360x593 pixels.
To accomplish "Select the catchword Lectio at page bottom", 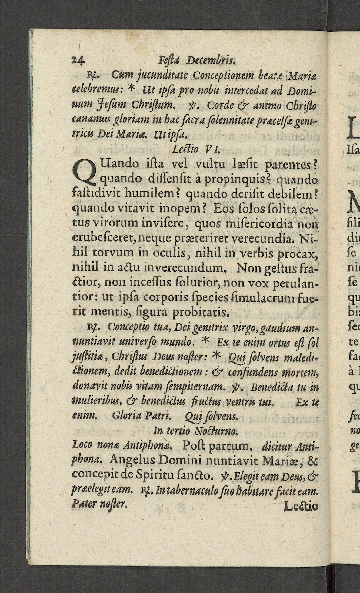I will point(302,506).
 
